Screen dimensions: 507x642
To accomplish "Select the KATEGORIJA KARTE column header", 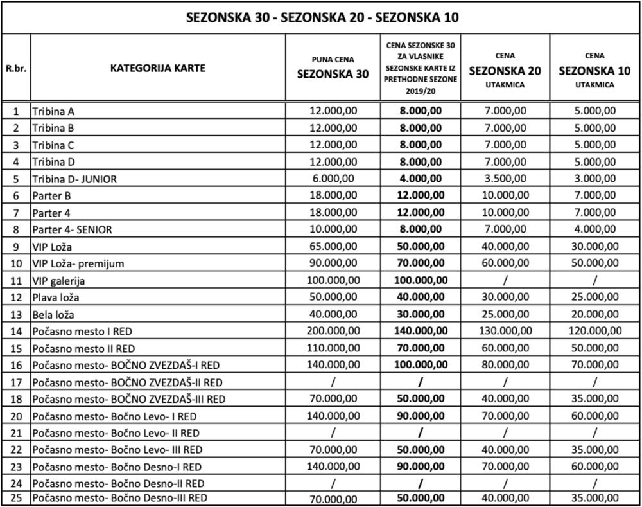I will click(157, 67).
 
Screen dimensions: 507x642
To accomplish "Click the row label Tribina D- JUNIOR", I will click(74, 179).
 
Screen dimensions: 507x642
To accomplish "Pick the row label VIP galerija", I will click(58, 280).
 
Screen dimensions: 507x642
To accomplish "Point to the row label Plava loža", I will click(56, 297).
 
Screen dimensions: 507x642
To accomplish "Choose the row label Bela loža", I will click(53, 314).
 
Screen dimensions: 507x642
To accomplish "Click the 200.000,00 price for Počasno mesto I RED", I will click(333, 330).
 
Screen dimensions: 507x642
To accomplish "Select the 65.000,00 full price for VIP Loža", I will click(333, 246).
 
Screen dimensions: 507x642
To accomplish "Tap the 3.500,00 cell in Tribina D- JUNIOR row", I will click(505, 179).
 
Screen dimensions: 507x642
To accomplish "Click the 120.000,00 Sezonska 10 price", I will click(594, 330).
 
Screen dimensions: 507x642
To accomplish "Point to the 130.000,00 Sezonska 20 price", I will click(505, 330).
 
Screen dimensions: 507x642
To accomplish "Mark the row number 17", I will click(15, 382).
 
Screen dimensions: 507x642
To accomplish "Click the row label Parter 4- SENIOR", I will click(72, 229).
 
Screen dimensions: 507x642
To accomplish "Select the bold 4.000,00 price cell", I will click(421, 179).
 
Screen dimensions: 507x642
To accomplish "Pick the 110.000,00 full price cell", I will click(333, 348).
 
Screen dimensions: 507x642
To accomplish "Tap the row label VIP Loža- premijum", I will click(78, 263).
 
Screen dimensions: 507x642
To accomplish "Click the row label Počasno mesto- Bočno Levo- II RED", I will click(116, 433).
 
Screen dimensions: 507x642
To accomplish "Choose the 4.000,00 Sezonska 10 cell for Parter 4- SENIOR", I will click(594, 229).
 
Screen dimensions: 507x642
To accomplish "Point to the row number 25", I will click(15, 498).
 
